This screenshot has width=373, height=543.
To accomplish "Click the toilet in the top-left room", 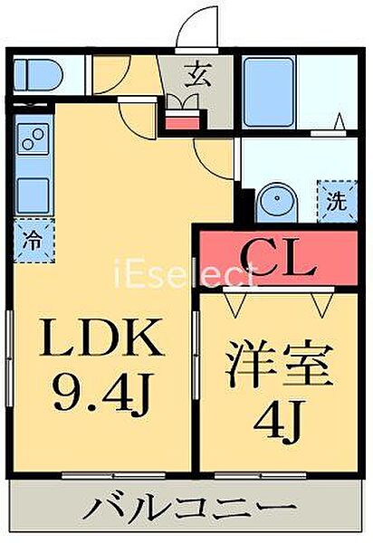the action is coord(37,75).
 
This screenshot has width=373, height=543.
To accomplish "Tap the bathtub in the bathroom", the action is coord(269,92).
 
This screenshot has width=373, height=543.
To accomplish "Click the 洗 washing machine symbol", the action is coord(337,201).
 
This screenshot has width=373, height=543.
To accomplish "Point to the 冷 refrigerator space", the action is coord(34,241).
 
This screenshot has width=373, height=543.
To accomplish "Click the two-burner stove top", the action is coord(33,138).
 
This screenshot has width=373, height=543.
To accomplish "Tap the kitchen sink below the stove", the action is coord(33,195).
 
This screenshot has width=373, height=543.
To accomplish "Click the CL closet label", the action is coord(278,258).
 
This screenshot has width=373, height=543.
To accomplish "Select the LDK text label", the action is coord(101,338).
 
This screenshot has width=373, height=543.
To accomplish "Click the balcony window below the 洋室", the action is coord(260,475).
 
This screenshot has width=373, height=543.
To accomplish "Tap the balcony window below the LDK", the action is coord(113,475).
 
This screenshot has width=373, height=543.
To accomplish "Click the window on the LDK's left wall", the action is coord(9,358).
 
